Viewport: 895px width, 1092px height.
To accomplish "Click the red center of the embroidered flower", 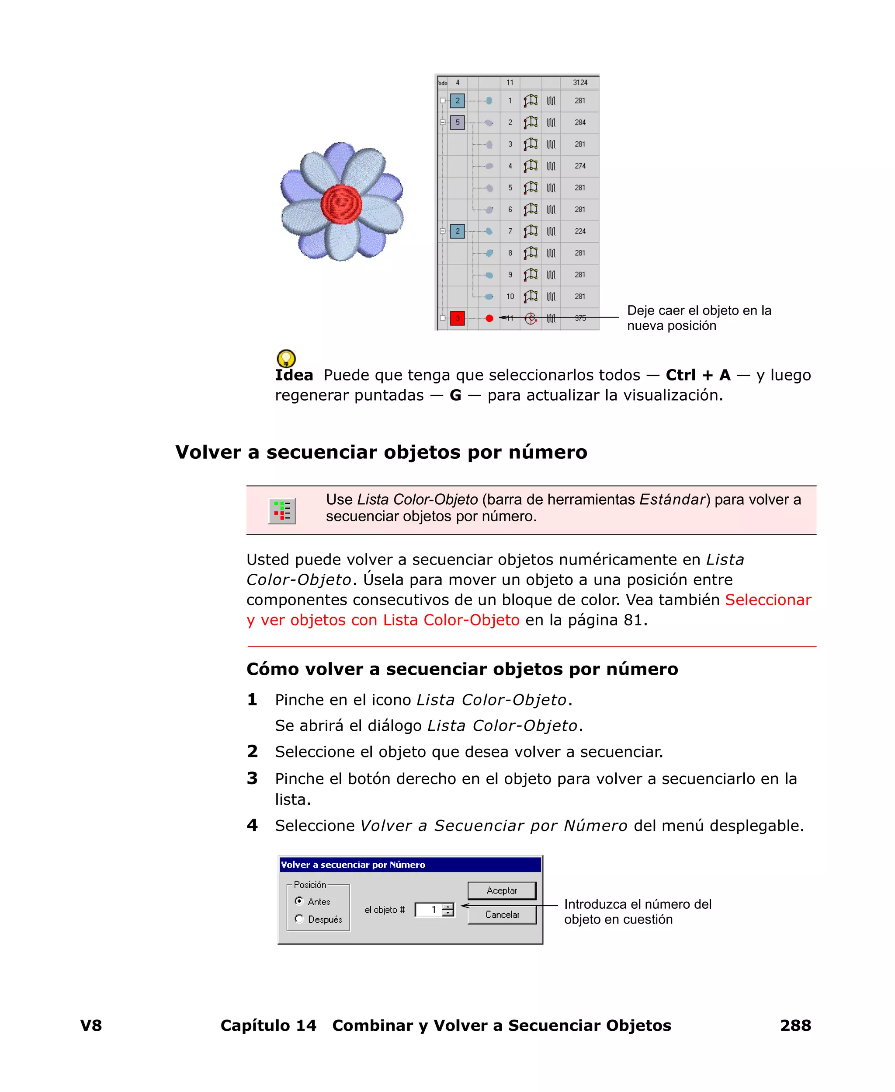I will pyautogui.click(x=341, y=204).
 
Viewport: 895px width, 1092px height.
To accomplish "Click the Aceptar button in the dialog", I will pyautogui.click(x=501, y=890).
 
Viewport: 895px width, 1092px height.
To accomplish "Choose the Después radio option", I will pyautogui.click(x=299, y=918).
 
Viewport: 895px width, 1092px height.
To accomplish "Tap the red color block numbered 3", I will pyautogui.click(x=457, y=318).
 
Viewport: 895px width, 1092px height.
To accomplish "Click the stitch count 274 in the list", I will pyautogui.click(x=580, y=166).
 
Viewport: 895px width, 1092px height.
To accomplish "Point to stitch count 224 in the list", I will pyautogui.click(x=580, y=231).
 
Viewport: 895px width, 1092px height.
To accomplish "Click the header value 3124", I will pyautogui.click(x=580, y=83).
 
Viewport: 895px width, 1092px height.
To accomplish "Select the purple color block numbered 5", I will pyautogui.click(x=457, y=123).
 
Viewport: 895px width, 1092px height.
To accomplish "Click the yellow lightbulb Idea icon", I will pyautogui.click(x=286, y=358).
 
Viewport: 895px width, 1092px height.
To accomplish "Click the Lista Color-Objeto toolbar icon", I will pyautogui.click(x=282, y=511).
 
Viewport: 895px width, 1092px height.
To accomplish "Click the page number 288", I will pyautogui.click(x=795, y=1025).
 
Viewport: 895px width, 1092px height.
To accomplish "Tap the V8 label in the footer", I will pyautogui.click(x=91, y=1025).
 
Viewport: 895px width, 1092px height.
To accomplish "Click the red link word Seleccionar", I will pyautogui.click(x=768, y=600).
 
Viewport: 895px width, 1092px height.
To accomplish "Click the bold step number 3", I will pyautogui.click(x=252, y=778).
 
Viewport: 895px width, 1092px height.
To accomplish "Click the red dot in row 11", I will pyautogui.click(x=489, y=318).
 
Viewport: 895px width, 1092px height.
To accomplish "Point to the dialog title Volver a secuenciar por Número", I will pyautogui.click(x=353, y=865).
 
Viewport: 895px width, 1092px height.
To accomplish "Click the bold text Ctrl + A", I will pyautogui.click(x=698, y=375).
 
